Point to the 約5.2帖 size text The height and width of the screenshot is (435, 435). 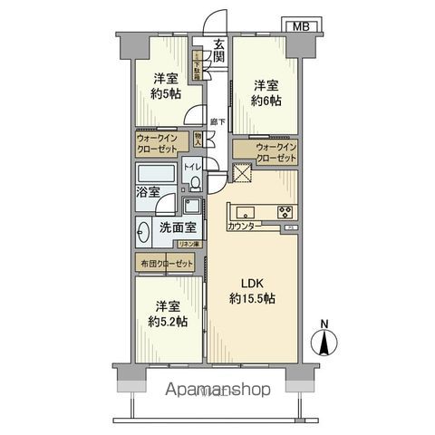[170, 321]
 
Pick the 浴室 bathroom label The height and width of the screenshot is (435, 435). [148, 192]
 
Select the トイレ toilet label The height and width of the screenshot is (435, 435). [192, 168]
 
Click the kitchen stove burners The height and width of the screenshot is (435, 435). [285, 213]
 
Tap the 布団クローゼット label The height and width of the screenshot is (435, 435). [168, 263]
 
